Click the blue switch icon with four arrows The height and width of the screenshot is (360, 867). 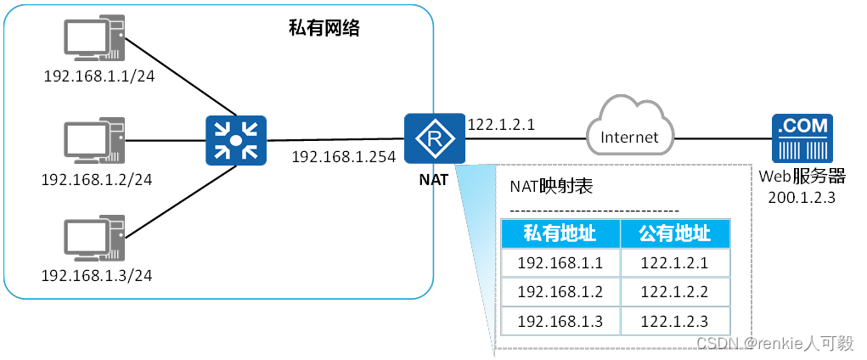pyautogui.click(x=236, y=141)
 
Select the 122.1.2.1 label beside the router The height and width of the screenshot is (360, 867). pyautogui.click(x=501, y=125)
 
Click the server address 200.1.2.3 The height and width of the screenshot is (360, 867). pyautogui.click(x=802, y=197)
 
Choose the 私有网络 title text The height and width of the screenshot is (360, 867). pyautogui.click(x=325, y=30)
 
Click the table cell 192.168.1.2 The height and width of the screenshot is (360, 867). pyautogui.click(x=560, y=292)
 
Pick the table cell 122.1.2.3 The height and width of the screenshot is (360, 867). pyautogui.click(x=674, y=321)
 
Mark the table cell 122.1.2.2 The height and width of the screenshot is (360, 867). pyautogui.click(x=674, y=292)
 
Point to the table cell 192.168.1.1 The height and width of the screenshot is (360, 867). pyautogui.click(x=560, y=263)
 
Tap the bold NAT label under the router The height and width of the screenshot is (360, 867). pyautogui.click(x=434, y=180)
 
